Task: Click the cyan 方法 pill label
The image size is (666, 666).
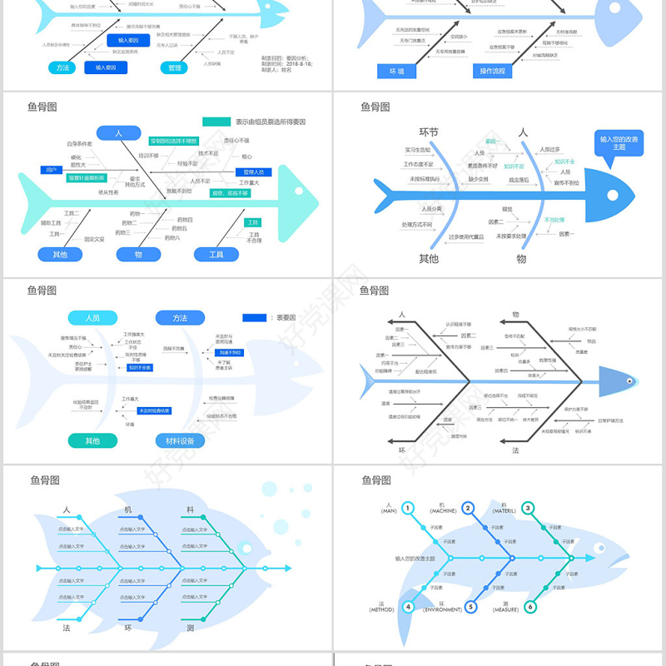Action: [x=62, y=67]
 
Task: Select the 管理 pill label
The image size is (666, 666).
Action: [x=174, y=67]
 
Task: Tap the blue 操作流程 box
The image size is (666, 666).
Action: [x=492, y=71]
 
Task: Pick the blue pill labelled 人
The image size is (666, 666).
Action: [x=118, y=133]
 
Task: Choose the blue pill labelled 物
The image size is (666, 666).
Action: [x=137, y=254]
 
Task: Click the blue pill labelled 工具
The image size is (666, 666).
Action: [x=216, y=254]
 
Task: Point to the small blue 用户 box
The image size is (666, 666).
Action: [x=52, y=170]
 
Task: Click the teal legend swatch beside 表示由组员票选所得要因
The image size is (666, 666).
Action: [x=216, y=122]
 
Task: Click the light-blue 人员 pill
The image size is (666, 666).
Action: [x=92, y=317]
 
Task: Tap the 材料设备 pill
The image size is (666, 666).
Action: [x=180, y=440]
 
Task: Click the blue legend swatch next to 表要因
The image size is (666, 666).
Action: [x=255, y=317]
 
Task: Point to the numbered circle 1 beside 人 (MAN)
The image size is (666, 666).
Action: [x=408, y=508]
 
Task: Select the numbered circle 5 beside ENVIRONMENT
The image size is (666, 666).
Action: [x=470, y=607]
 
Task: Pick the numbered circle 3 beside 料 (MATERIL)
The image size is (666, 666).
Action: [x=528, y=508]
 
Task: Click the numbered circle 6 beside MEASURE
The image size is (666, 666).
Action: [x=530, y=607]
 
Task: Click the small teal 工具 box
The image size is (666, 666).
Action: [x=251, y=222]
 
